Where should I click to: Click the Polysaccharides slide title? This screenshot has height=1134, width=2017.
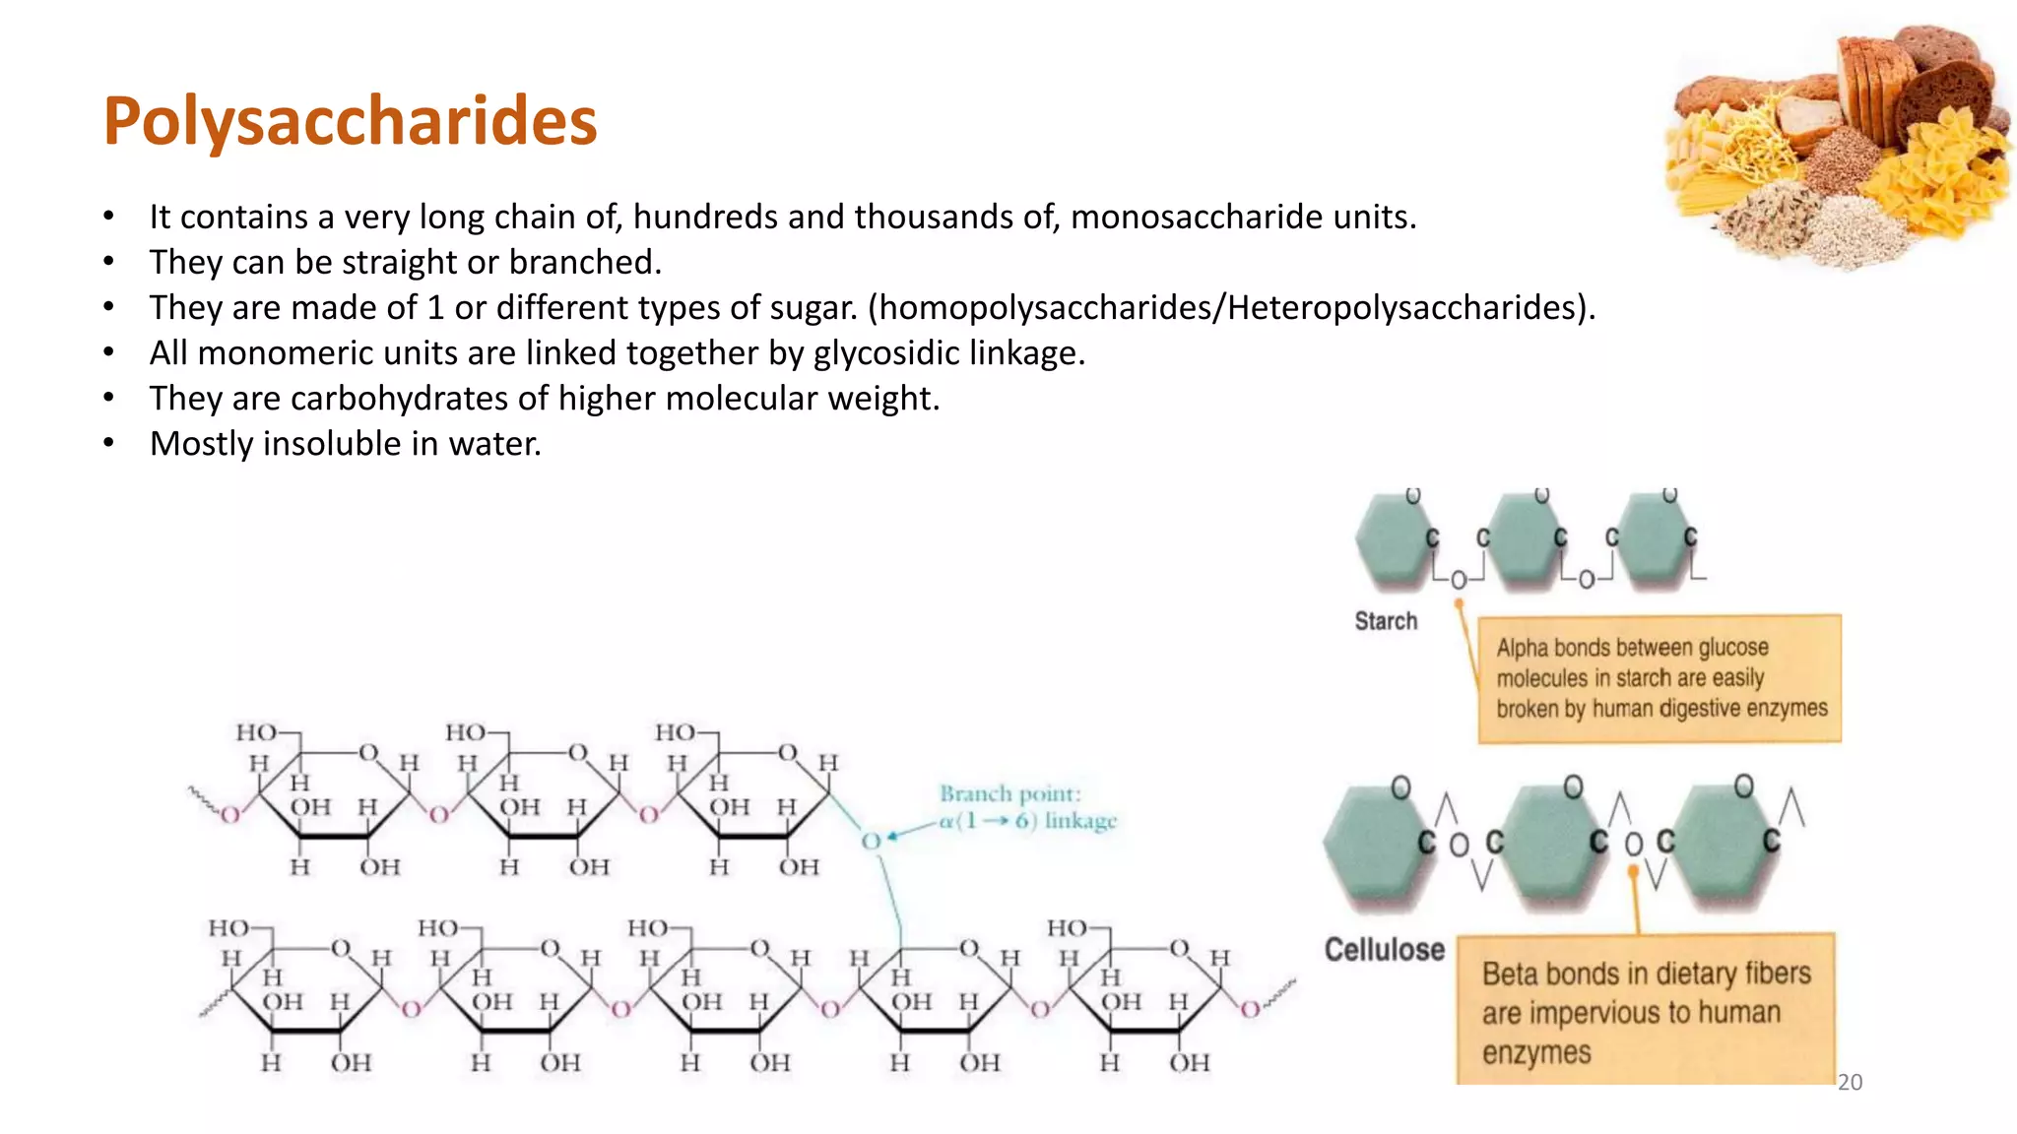point(350,121)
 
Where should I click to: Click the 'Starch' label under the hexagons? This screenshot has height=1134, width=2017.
point(1386,621)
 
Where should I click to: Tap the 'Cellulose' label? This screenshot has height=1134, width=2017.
point(1384,950)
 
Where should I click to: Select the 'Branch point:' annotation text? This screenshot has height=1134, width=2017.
point(1009,793)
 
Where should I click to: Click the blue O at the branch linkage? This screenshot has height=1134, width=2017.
point(871,841)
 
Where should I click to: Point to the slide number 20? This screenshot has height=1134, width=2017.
point(1850,1082)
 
